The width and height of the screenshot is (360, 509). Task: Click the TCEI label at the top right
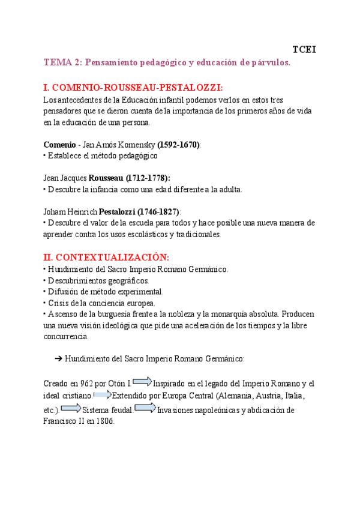click(x=304, y=49)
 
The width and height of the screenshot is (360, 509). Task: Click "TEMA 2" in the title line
click(x=63, y=62)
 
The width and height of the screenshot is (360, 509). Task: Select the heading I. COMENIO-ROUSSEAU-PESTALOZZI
click(x=133, y=87)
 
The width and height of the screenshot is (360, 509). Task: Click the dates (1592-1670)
click(x=178, y=145)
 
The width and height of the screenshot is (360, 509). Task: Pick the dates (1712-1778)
click(x=148, y=178)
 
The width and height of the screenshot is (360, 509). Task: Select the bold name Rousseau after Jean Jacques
click(x=106, y=178)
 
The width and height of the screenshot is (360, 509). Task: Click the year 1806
click(x=103, y=421)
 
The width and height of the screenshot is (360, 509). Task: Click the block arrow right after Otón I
click(x=142, y=381)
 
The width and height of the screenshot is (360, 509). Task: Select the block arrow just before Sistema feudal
click(x=71, y=409)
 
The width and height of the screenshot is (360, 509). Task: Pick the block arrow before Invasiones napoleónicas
click(x=145, y=409)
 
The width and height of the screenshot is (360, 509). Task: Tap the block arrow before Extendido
click(x=103, y=395)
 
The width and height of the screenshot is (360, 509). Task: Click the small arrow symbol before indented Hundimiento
click(x=59, y=358)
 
